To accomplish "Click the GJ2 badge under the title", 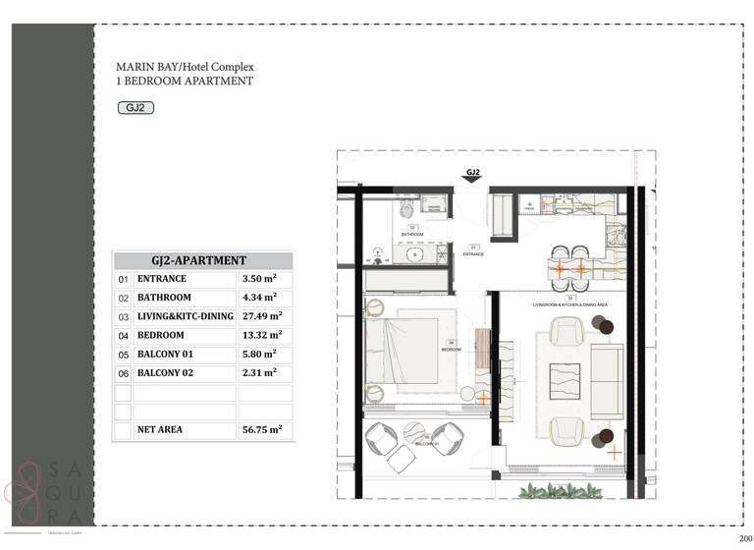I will point(135,108).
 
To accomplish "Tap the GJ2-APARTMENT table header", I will point(203,260).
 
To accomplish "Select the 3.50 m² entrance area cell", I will point(259,279).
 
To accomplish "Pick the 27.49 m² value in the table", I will point(262,316).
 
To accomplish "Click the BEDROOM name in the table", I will point(162,335).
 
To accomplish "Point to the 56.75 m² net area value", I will point(262,429).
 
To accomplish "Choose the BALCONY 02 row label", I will point(169,373).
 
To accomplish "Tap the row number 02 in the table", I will point(124,298).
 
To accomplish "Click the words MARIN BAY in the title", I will point(143,68).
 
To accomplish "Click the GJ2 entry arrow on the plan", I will point(472,176).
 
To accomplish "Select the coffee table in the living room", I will point(564,380).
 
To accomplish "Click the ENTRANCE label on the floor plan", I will point(474,254).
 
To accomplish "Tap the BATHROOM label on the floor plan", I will point(411,235).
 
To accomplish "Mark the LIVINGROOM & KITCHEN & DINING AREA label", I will point(570,305).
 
